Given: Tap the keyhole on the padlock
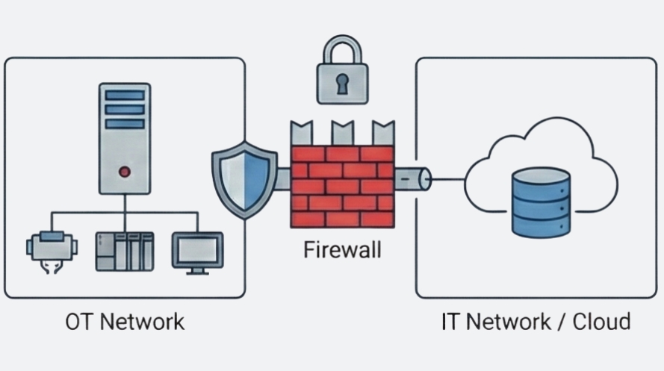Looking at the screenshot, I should coord(342,84).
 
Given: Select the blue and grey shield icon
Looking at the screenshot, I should coord(244,180).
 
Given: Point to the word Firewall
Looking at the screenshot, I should coord(342,249).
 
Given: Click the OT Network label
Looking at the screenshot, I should coord(124,322).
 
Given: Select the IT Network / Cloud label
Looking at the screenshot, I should coord(536,322).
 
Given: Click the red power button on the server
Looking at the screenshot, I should coord(124,172).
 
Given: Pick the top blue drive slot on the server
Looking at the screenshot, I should coord(124,95).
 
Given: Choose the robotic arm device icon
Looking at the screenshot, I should coord(50,250).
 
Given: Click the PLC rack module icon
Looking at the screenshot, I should coord(124,251).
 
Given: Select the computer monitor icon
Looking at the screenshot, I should coord(197,250).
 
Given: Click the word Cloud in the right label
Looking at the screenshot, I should coord(601,322).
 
